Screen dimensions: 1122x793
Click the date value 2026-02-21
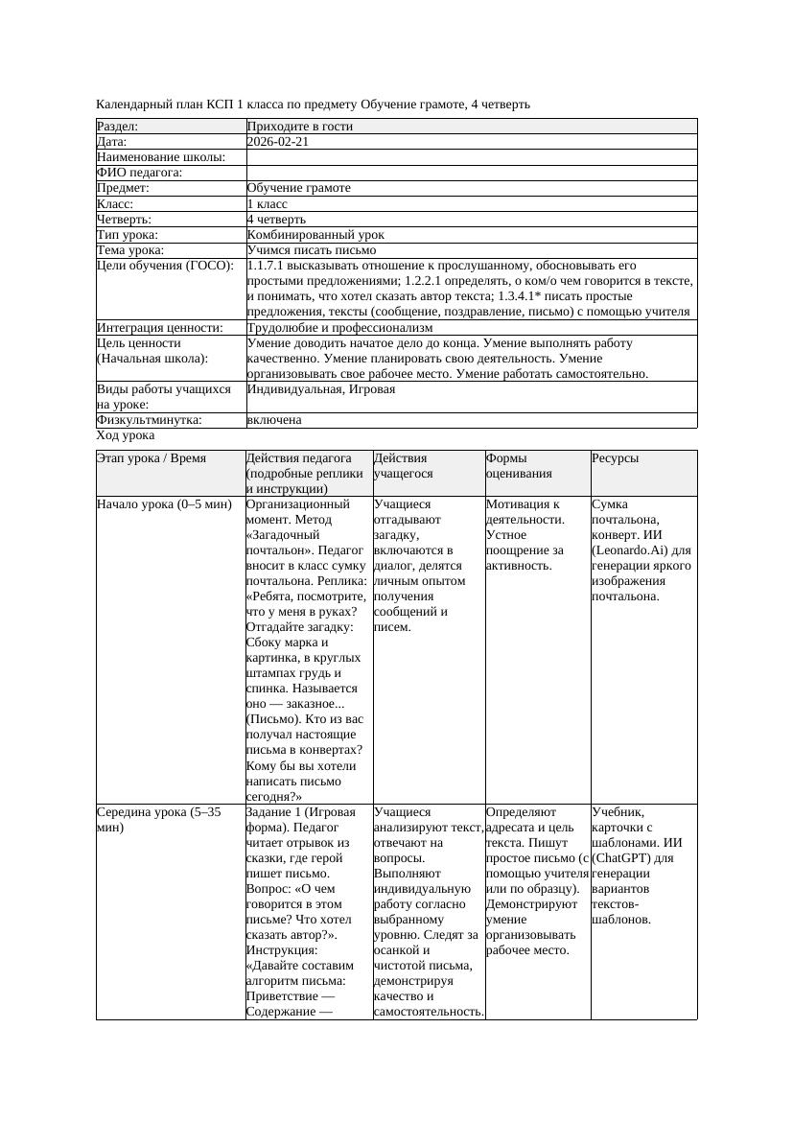tap(278, 142)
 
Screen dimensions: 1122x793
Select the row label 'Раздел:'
tap(118, 127)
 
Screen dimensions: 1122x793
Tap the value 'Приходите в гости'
tap(300, 127)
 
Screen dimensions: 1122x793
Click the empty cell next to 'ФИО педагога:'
tap(471, 173)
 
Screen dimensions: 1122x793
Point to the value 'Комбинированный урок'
tap(315, 234)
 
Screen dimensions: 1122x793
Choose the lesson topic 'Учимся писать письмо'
tap(311, 249)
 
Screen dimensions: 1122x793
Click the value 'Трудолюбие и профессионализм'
tap(339, 328)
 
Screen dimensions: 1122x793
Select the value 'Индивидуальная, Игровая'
tap(321, 389)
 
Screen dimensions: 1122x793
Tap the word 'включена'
tap(274, 420)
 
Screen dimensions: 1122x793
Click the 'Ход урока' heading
tap(126, 435)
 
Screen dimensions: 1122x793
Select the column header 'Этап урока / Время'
tap(152, 459)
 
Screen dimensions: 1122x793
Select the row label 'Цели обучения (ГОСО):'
tap(165, 266)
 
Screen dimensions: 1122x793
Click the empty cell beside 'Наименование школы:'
tap(471, 157)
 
